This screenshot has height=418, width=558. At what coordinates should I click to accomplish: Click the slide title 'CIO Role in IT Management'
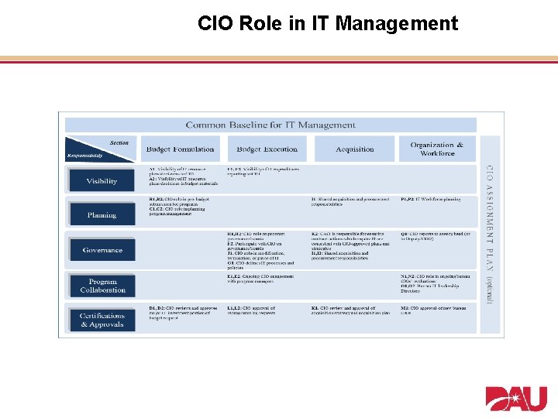[x=328, y=24]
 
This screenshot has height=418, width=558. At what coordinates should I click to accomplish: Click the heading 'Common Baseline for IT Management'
[x=270, y=125]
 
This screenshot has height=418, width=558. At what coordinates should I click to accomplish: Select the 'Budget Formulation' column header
[x=180, y=149]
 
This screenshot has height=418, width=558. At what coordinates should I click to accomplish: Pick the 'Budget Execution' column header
[x=267, y=149]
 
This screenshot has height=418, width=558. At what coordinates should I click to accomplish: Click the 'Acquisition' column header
[x=354, y=149]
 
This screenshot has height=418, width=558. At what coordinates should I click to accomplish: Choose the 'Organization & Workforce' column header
[x=437, y=149]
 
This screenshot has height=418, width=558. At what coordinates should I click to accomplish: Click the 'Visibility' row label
[x=102, y=181]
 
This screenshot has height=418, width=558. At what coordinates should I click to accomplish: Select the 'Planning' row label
[x=102, y=215]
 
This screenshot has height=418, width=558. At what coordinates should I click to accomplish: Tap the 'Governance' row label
[x=102, y=250]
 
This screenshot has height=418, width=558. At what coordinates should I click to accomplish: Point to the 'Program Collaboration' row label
[x=102, y=286]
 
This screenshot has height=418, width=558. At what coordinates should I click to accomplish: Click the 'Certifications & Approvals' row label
[x=102, y=320]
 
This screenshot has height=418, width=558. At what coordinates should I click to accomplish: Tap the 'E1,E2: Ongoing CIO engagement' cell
[x=262, y=279]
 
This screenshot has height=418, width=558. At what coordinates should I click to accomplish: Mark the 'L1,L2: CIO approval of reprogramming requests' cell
[x=262, y=311]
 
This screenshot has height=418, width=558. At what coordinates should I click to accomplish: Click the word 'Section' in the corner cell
[x=119, y=142]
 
